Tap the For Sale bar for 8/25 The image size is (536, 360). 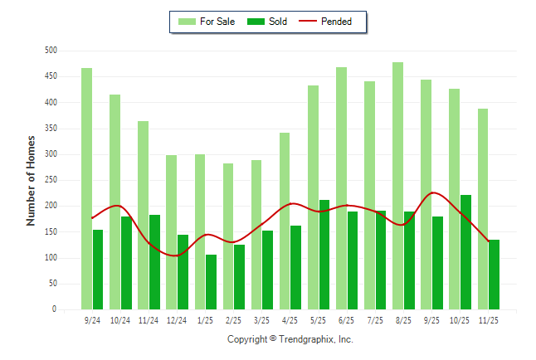coord(397,186)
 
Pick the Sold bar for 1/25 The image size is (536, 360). coord(211,282)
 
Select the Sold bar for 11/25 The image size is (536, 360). coord(494,275)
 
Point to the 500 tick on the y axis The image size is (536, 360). coord(50,51)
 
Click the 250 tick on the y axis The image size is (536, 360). coord(50,180)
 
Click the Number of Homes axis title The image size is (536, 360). coord(32,180)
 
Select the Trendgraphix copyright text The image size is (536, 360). coord(290,339)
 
